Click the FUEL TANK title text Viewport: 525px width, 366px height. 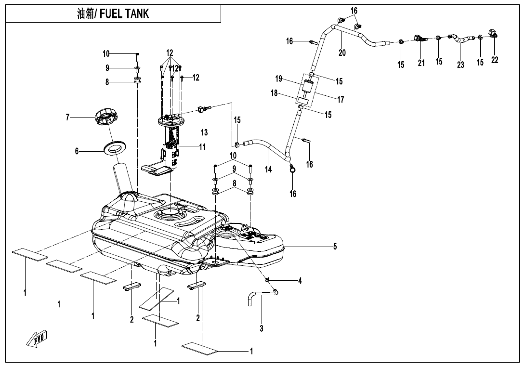tap(113, 14)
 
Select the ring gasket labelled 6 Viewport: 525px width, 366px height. tap(116, 147)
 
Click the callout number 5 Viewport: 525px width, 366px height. tap(335, 247)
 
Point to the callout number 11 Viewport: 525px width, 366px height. tap(203, 147)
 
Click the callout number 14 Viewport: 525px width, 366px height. tap(268, 169)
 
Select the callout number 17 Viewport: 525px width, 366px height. tap(341, 100)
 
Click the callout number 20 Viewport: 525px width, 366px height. tap(342, 52)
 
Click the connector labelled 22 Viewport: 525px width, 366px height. tap(494, 34)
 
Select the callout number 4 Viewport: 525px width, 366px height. tap(300, 281)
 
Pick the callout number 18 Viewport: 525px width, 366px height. tap(274, 93)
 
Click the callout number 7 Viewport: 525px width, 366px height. tap(68, 117)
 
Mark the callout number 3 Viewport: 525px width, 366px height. tap(262, 329)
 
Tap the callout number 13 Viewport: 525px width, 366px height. tap(205, 132)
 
